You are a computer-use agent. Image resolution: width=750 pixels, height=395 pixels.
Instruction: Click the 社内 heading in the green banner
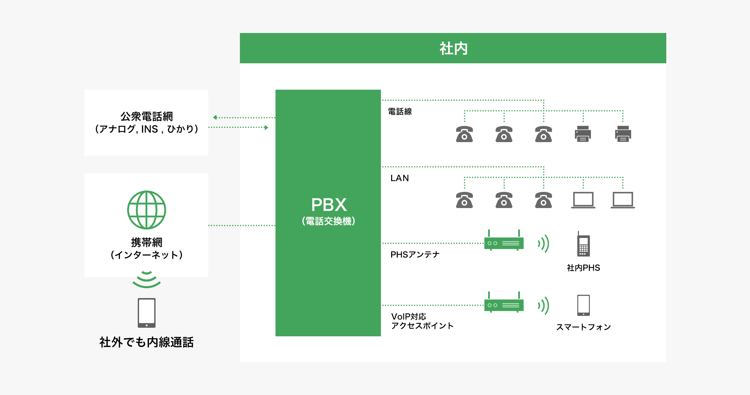click(453, 48)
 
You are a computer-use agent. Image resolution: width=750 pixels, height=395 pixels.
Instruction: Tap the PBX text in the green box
click(329, 205)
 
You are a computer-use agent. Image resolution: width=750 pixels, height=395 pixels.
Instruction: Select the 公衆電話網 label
click(146, 116)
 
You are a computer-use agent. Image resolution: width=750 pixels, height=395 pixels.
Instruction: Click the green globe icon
click(147, 210)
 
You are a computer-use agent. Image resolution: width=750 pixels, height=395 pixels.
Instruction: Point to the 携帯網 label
click(146, 242)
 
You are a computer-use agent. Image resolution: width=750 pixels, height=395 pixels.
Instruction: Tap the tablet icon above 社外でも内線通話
click(147, 313)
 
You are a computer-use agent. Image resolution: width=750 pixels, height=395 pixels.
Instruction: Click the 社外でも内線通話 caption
click(146, 342)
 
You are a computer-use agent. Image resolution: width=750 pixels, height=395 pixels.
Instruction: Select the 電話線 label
click(400, 112)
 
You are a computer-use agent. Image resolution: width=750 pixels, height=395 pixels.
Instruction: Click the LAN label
click(399, 178)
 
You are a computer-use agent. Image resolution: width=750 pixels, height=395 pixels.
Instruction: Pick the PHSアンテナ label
click(415, 255)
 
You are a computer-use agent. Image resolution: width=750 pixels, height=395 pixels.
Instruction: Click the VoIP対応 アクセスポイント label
click(422, 321)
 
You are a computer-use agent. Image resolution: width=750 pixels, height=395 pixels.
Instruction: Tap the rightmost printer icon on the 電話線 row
click(623, 134)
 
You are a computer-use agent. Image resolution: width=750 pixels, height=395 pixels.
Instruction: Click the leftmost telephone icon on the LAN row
click(464, 200)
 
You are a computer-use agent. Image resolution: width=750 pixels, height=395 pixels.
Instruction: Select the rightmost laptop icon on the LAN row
click(622, 200)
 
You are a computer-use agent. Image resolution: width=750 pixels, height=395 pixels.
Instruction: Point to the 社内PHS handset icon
click(583, 245)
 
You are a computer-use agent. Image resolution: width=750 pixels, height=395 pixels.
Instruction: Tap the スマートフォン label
click(583, 327)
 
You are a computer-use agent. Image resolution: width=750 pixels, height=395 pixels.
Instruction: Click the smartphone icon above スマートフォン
click(583, 305)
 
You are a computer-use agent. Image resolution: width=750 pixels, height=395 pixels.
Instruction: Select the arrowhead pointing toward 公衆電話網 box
click(215, 117)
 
